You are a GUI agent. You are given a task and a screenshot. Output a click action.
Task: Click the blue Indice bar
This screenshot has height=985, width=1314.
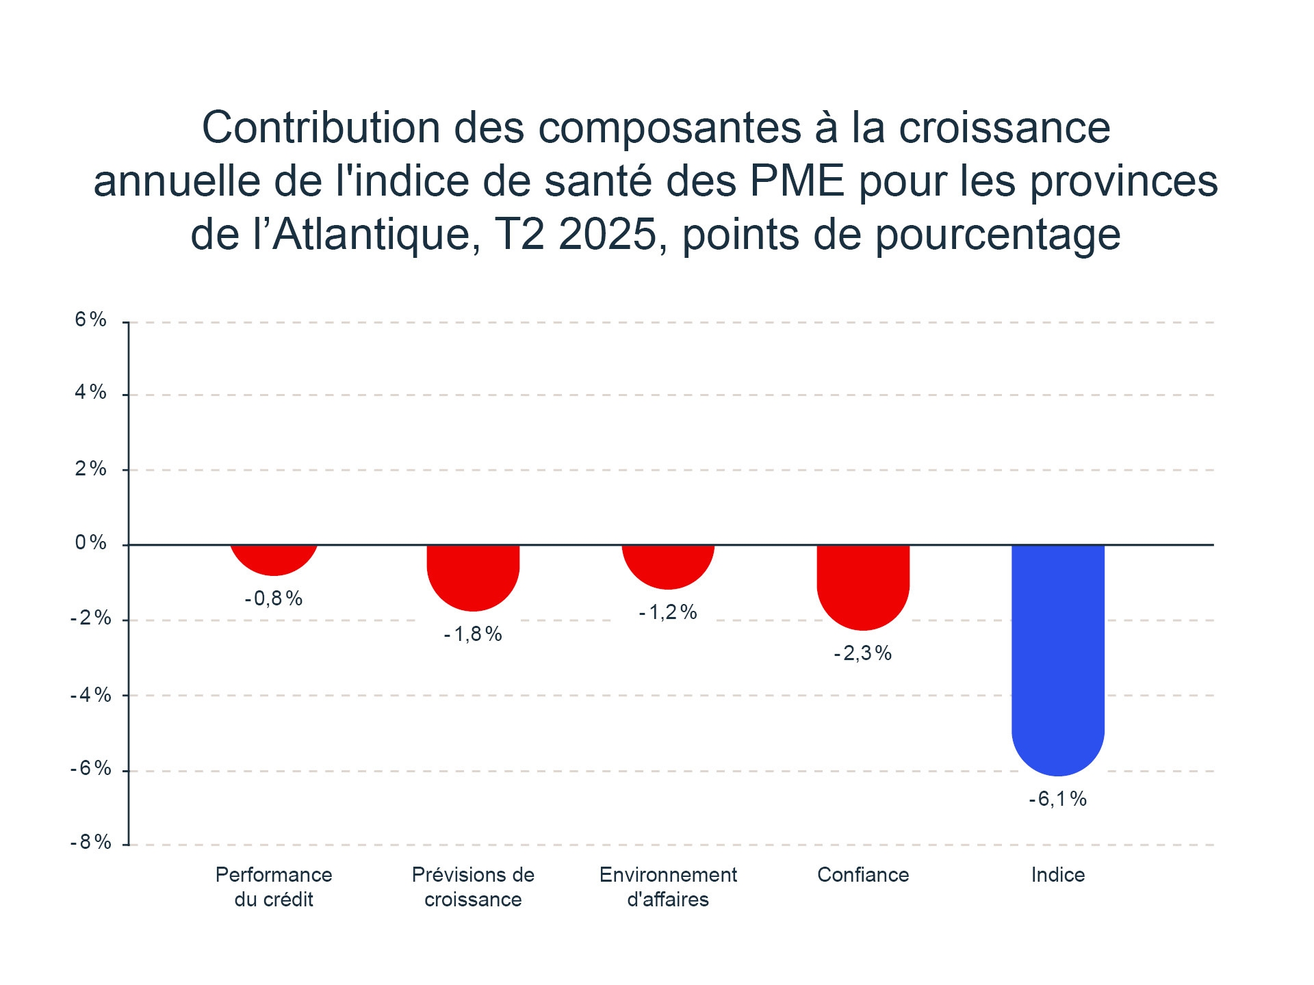click(x=1057, y=657)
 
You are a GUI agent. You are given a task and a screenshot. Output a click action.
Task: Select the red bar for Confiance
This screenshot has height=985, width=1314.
click(x=863, y=585)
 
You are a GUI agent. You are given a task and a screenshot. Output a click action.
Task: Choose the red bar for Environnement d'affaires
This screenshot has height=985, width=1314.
click(x=668, y=565)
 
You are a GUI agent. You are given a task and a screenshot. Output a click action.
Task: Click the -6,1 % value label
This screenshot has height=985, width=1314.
click(x=1057, y=799)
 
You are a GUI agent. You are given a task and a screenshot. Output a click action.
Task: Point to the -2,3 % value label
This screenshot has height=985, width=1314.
click(x=862, y=653)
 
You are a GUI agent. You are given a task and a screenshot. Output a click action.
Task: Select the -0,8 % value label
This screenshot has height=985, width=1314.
click(x=273, y=599)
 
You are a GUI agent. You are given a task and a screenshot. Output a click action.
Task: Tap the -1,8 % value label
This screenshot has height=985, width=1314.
click(x=472, y=634)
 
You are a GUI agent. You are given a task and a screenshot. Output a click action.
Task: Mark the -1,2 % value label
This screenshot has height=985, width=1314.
click(x=667, y=612)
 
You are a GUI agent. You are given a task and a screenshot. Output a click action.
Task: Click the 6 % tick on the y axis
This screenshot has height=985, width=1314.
click(x=91, y=319)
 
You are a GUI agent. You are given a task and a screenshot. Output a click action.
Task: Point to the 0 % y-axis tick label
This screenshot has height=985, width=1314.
click(x=91, y=543)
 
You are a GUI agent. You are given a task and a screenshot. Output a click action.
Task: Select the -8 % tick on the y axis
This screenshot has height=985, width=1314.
click(x=90, y=842)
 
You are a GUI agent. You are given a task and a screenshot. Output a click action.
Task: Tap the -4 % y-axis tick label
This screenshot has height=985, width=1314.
click(x=90, y=695)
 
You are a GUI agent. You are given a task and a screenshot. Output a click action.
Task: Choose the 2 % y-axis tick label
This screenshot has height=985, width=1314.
click(x=91, y=469)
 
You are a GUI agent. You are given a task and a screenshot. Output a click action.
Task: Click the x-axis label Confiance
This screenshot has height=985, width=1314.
click(x=863, y=875)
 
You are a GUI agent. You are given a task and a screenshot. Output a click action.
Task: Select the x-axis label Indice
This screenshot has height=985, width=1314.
click(x=1058, y=875)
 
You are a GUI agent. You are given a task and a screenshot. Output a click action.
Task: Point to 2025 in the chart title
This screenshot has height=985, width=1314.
click(x=608, y=235)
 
